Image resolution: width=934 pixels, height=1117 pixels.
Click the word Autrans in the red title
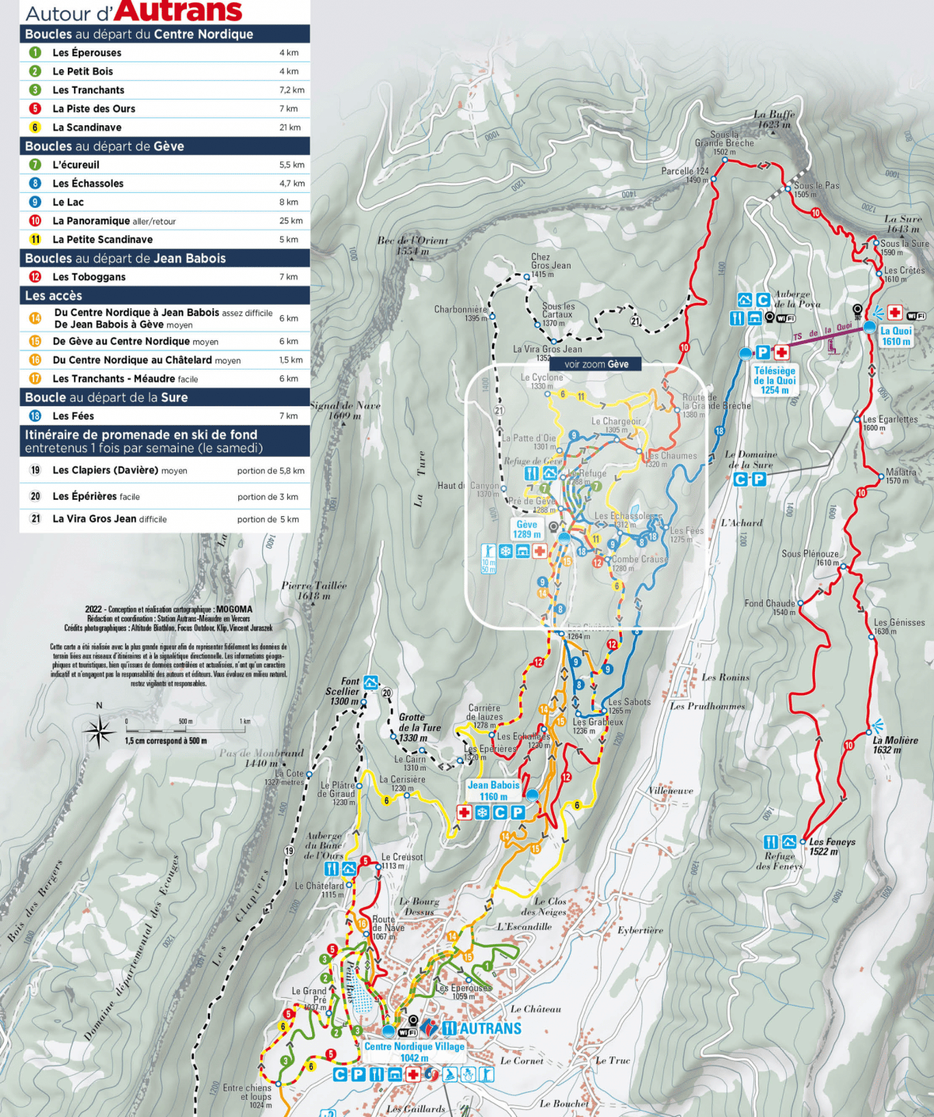(x=181, y=12)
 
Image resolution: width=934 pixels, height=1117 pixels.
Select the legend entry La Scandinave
(x=86, y=128)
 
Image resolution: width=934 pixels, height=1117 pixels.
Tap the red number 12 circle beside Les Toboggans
(x=35, y=277)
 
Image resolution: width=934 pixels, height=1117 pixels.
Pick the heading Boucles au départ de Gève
(x=104, y=146)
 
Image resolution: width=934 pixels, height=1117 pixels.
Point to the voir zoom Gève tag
(x=596, y=364)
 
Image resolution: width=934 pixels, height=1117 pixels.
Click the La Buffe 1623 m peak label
(x=774, y=119)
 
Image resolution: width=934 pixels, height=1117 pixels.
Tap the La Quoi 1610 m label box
(x=896, y=336)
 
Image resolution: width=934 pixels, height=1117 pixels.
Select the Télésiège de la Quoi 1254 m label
(x=774, y=381)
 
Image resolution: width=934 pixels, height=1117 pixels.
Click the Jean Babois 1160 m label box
(x=493, y=791)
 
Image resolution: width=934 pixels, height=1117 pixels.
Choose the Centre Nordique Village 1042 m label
(x=414, y=1052)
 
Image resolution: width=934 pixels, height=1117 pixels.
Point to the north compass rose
(x=99, y=732)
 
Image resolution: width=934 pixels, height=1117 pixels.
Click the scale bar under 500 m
(x=185, y=731)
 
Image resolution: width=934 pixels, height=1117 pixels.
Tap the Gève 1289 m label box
(x=527, y=529)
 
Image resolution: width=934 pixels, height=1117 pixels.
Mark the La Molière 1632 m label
(x=894, y=745)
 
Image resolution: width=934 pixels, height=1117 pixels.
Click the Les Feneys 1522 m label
(x=831, y=847)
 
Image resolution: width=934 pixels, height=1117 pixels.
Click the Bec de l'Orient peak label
(x=413, y=246)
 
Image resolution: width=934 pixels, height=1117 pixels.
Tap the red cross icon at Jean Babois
(x=465, y=813)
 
